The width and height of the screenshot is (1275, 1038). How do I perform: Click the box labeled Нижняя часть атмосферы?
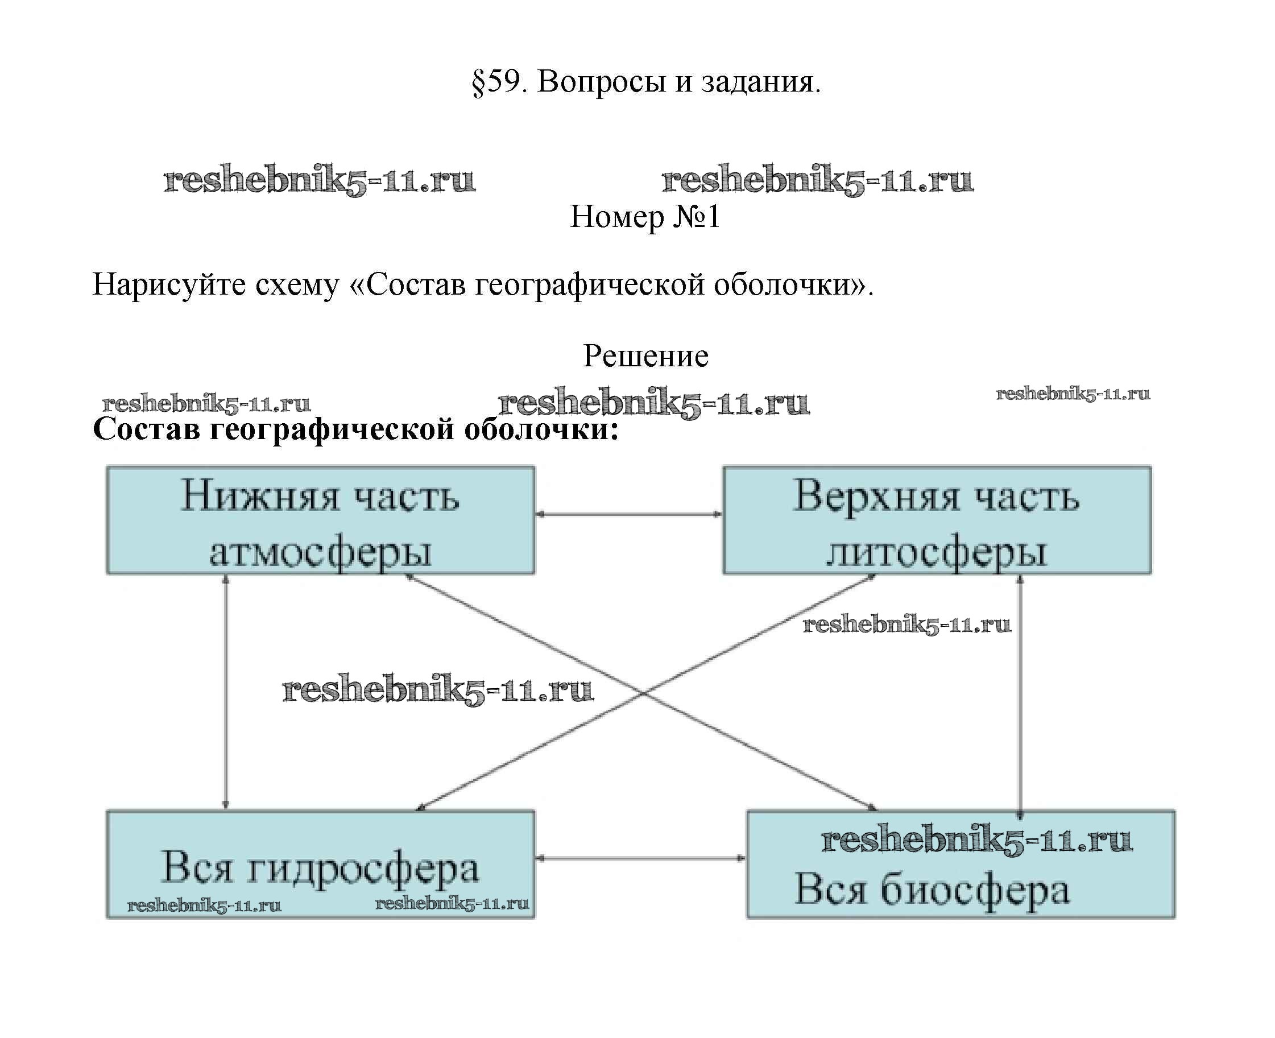point(320,520)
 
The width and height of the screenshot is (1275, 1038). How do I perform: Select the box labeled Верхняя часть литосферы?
point(936,520)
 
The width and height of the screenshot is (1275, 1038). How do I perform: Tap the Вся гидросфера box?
point(320,863)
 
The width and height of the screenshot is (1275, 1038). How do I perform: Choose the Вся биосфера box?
point(960,863)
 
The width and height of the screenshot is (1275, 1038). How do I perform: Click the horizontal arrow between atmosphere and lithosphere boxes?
point(628,514)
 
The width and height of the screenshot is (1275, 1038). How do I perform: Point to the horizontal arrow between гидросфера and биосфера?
point(640,858)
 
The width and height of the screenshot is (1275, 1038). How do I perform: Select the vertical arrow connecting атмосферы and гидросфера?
point(225,692)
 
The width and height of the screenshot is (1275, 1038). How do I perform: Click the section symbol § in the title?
point(478,82)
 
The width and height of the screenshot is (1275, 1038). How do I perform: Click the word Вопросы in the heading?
point(601,81)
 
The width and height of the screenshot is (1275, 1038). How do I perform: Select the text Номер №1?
point(644,217)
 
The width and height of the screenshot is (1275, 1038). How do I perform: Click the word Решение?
point(645,356)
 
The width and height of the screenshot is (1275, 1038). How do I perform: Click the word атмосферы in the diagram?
point(320,551)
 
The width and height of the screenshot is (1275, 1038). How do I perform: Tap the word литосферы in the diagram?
point(936,551)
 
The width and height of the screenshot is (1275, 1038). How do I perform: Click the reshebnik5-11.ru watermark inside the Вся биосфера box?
point(975,839)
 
